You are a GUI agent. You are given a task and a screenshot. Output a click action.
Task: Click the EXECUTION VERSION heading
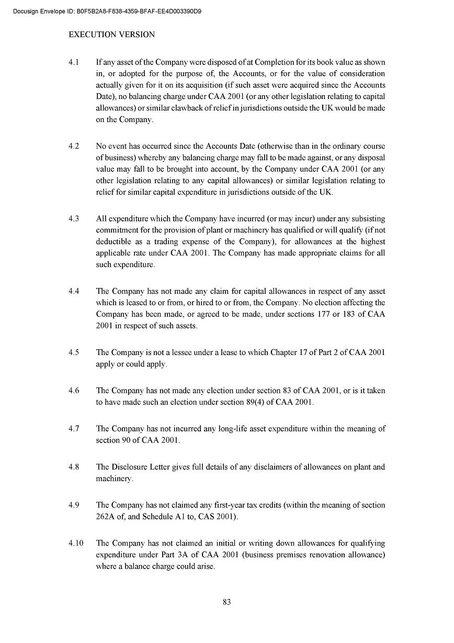(112, 35)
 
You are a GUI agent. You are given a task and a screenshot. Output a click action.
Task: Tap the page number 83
(227, 602)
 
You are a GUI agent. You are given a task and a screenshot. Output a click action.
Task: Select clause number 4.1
(74, 62)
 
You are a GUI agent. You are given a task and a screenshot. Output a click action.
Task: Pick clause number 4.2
(74, 146)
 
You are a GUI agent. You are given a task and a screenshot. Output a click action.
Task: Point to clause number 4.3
(74, 218)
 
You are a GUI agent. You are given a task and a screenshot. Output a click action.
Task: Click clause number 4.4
(74, 291)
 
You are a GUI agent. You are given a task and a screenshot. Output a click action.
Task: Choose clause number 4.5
(74, 352)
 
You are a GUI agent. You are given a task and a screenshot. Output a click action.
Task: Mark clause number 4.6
(74, 391)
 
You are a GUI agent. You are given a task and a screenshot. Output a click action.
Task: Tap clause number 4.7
(74, 429)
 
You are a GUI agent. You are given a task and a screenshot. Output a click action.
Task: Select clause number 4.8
(74, 467)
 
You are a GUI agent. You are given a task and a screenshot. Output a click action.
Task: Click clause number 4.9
(74, 505)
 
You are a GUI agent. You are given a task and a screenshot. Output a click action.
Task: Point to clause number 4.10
(76, 544)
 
